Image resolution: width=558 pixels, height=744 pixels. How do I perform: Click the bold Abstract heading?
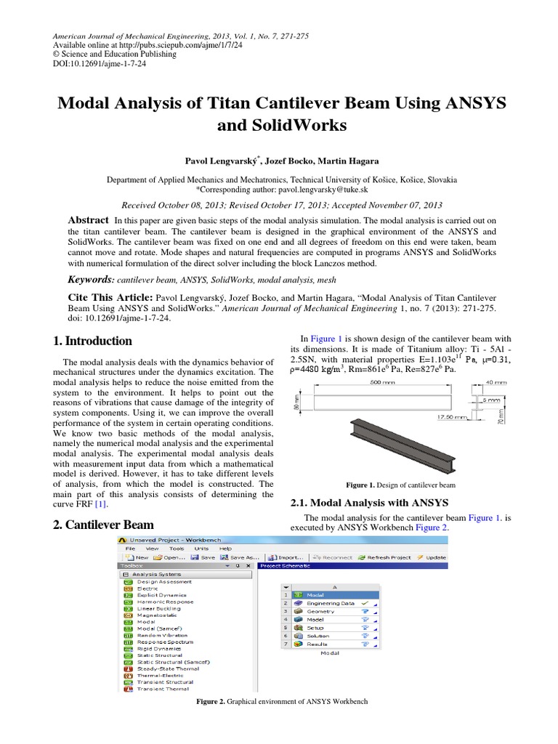tap(88, 220)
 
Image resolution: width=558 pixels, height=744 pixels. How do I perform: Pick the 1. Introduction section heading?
tap(93, 341)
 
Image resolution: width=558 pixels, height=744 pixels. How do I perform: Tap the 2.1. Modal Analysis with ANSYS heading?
tap(370, 502)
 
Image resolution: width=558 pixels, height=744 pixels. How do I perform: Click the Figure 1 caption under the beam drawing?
tap(400, 485)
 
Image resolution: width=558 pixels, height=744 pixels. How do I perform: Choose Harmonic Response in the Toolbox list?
tap(165, 602)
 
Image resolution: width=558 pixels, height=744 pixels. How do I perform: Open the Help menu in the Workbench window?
tap(226, 548)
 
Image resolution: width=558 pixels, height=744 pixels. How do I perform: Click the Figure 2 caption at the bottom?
tap(283, 702)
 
